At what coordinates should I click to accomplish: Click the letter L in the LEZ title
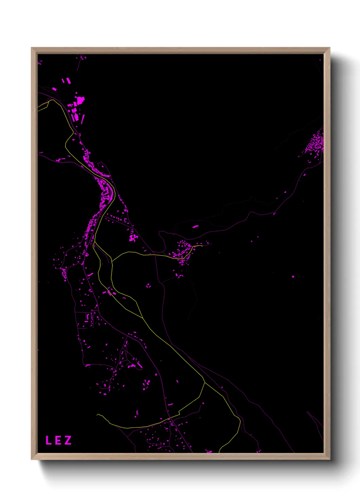(x=48, y=440)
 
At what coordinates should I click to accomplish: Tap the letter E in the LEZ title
(x=58, y=440)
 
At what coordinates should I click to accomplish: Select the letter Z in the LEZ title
(x=68, y=440)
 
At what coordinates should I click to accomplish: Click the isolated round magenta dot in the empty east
(x=293, y=277)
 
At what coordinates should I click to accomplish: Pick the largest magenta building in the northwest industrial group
(x=80, y=101)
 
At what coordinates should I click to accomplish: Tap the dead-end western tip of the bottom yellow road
(x=98, y=414)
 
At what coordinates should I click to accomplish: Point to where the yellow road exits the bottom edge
(x=219, y=452)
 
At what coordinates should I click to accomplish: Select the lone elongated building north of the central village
(x=195, y=226)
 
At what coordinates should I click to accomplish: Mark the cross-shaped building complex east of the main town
(x=133, y=238)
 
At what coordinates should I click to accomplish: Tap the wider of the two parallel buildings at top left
(x=68, y=80)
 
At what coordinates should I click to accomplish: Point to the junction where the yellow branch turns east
(x=112, y=261)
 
